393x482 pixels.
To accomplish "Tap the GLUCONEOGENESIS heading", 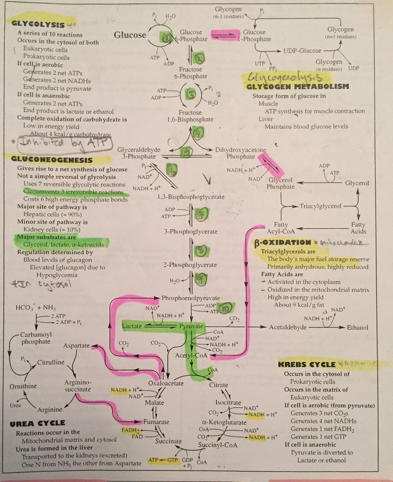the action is tap(47, 160).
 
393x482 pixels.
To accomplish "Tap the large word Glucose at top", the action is tap(130, 36).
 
